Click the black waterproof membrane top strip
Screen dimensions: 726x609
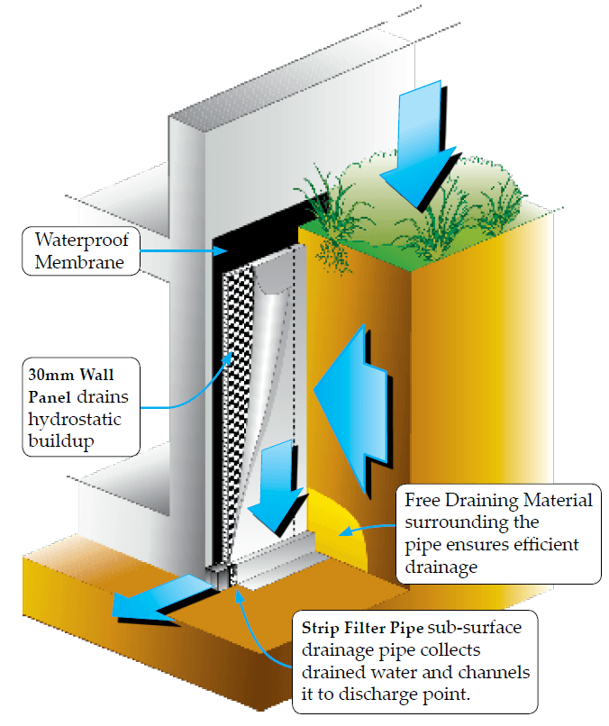pyautogui.click(x=257, y=235)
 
